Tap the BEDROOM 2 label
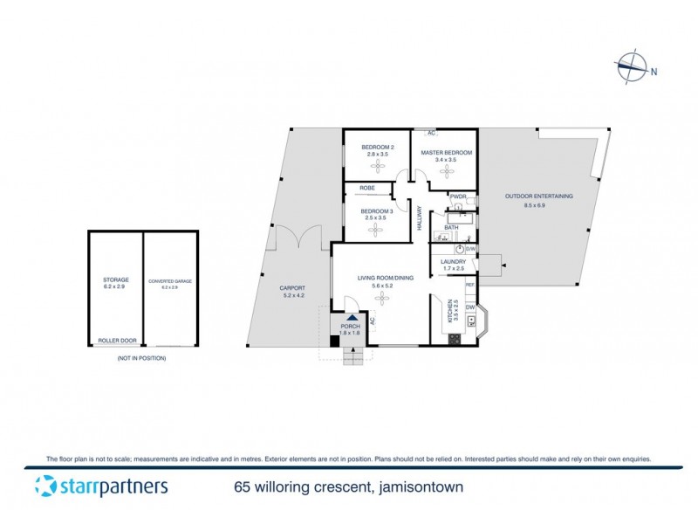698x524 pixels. tap(377, 147)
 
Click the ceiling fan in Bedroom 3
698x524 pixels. tap(377, 228)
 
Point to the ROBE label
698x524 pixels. tap(366, 188)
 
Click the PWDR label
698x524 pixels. tap(458, 196)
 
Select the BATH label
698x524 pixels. tap(451, 228)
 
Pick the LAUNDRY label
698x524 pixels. tap(452, 262)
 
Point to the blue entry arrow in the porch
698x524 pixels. tap(351, 318)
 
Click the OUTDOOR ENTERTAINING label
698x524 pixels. tap(539, 196)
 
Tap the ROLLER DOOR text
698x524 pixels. tap(115, 341)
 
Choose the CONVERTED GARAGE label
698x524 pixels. tap(169, 281)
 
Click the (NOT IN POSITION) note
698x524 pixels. tap(142, 358)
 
